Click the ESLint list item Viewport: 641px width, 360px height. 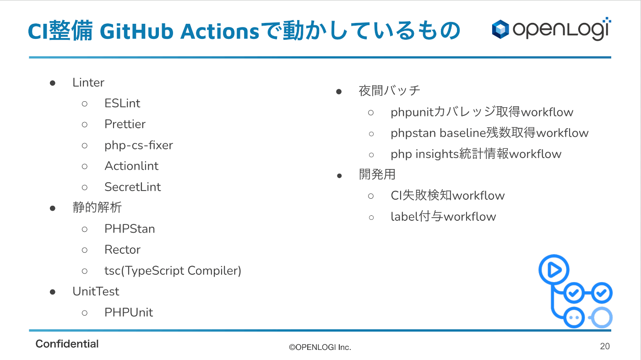[x=122, y=104]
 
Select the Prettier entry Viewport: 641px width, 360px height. [x=125, y=124]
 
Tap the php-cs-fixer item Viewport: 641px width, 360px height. [x=139, y=145]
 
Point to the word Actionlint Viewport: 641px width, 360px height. [x=131, y=166]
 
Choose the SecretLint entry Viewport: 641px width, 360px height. [x=133, y=187]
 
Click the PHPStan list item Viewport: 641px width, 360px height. [x=130, y=229]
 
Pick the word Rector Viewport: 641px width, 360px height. [x=123, y=250]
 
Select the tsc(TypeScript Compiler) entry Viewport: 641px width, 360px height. [x=173, y=271]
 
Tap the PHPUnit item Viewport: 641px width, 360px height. [x=129, y=312]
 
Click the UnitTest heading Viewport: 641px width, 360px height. [x=96, y=292]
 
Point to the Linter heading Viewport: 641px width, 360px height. [x=88, y=82]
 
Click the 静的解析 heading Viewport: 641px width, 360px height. [x=97, y=207]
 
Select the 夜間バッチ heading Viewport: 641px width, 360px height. [x=390, y=91]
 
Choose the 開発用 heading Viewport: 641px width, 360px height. [x=377, y=175]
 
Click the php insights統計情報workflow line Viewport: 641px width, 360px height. [x=476, y=154]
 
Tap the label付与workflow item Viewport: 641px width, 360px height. [x=443, y=217]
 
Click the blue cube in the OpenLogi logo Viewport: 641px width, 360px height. [x=500, y=29]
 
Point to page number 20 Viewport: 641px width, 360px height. [x=605, y=346]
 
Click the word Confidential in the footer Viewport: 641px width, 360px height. [x=67, y=344]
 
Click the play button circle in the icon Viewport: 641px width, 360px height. [x=554, y=270]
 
